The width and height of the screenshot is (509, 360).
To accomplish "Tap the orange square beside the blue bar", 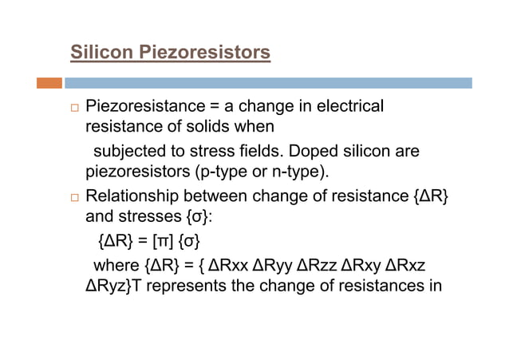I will [49, 82].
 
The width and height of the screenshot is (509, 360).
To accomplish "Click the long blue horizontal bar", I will [268, 82].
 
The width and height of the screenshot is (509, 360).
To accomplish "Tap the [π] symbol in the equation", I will [168, 239].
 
